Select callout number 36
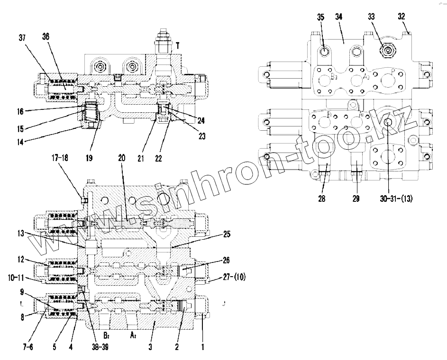tap(46, 37)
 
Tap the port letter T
tap(177, 45)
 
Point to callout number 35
tap(321, 17)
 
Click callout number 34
tap(338, 17)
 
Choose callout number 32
tap(401, 16)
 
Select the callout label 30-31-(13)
tap(396, 199)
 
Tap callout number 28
tap(322, 199)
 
